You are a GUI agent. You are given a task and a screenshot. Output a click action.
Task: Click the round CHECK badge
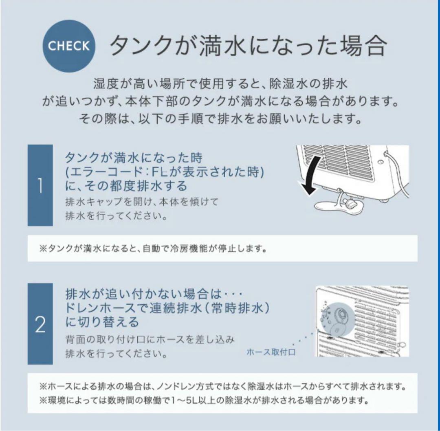69,46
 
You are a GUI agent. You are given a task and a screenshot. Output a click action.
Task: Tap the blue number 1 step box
40,185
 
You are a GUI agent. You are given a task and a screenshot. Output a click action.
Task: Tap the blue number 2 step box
40,324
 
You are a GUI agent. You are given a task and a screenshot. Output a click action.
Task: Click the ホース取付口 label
271,352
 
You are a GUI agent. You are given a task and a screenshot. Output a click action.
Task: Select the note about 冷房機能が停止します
153,248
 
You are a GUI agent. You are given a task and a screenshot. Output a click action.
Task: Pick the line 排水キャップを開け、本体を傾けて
142,202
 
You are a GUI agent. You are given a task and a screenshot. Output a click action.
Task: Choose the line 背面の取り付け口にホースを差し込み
150,339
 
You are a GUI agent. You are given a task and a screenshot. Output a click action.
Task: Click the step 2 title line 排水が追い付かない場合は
143,294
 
